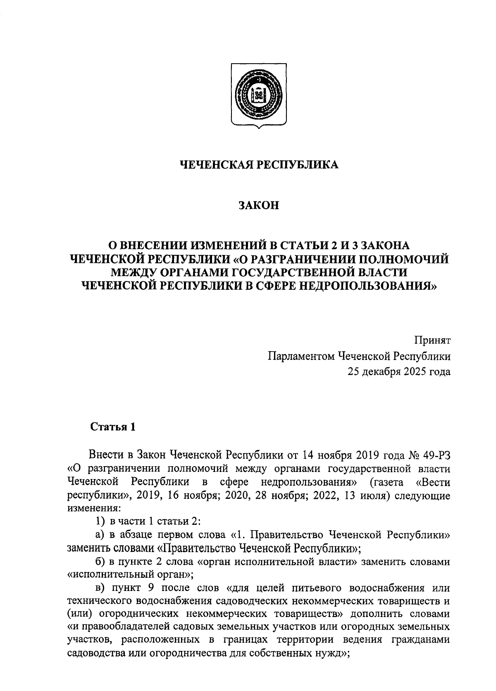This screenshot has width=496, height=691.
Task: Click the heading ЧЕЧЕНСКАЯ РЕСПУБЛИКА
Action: [259, 165]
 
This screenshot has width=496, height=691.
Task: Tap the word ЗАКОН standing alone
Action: [259, 205]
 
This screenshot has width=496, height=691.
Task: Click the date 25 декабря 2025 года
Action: [399, 372]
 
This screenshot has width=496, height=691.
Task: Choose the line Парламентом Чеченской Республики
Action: [359, 356]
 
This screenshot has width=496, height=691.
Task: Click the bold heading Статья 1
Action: [113, 427]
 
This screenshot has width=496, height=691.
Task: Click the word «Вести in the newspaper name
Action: [433, 482]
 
